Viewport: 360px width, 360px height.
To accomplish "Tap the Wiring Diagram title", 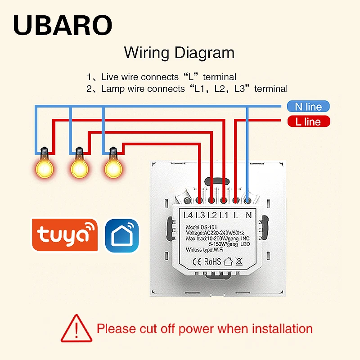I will (x=179, y=53).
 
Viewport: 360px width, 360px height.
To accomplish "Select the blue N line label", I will (x=308, y=107).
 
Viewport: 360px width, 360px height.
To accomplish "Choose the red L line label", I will (x=308, y=121).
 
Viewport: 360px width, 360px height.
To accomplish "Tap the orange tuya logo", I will (x=64, y=235).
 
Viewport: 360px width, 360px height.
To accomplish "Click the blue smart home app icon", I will (x=122, y=235).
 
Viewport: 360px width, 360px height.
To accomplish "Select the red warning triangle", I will (x=76, y=327).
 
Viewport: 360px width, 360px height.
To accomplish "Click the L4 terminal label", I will (x=187, y=215).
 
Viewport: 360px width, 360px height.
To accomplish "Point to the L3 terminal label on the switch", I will (x=200, y=215).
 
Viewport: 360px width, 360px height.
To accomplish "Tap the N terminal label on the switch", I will (x=248, y=215).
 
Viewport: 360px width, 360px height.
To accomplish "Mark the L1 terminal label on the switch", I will (x=224, y=215).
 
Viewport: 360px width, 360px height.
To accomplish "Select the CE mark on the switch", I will (x=198, y=261).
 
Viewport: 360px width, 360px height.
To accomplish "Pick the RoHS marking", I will (x=212, y=261).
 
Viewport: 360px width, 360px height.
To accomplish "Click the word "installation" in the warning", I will (x=276, y=328).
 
